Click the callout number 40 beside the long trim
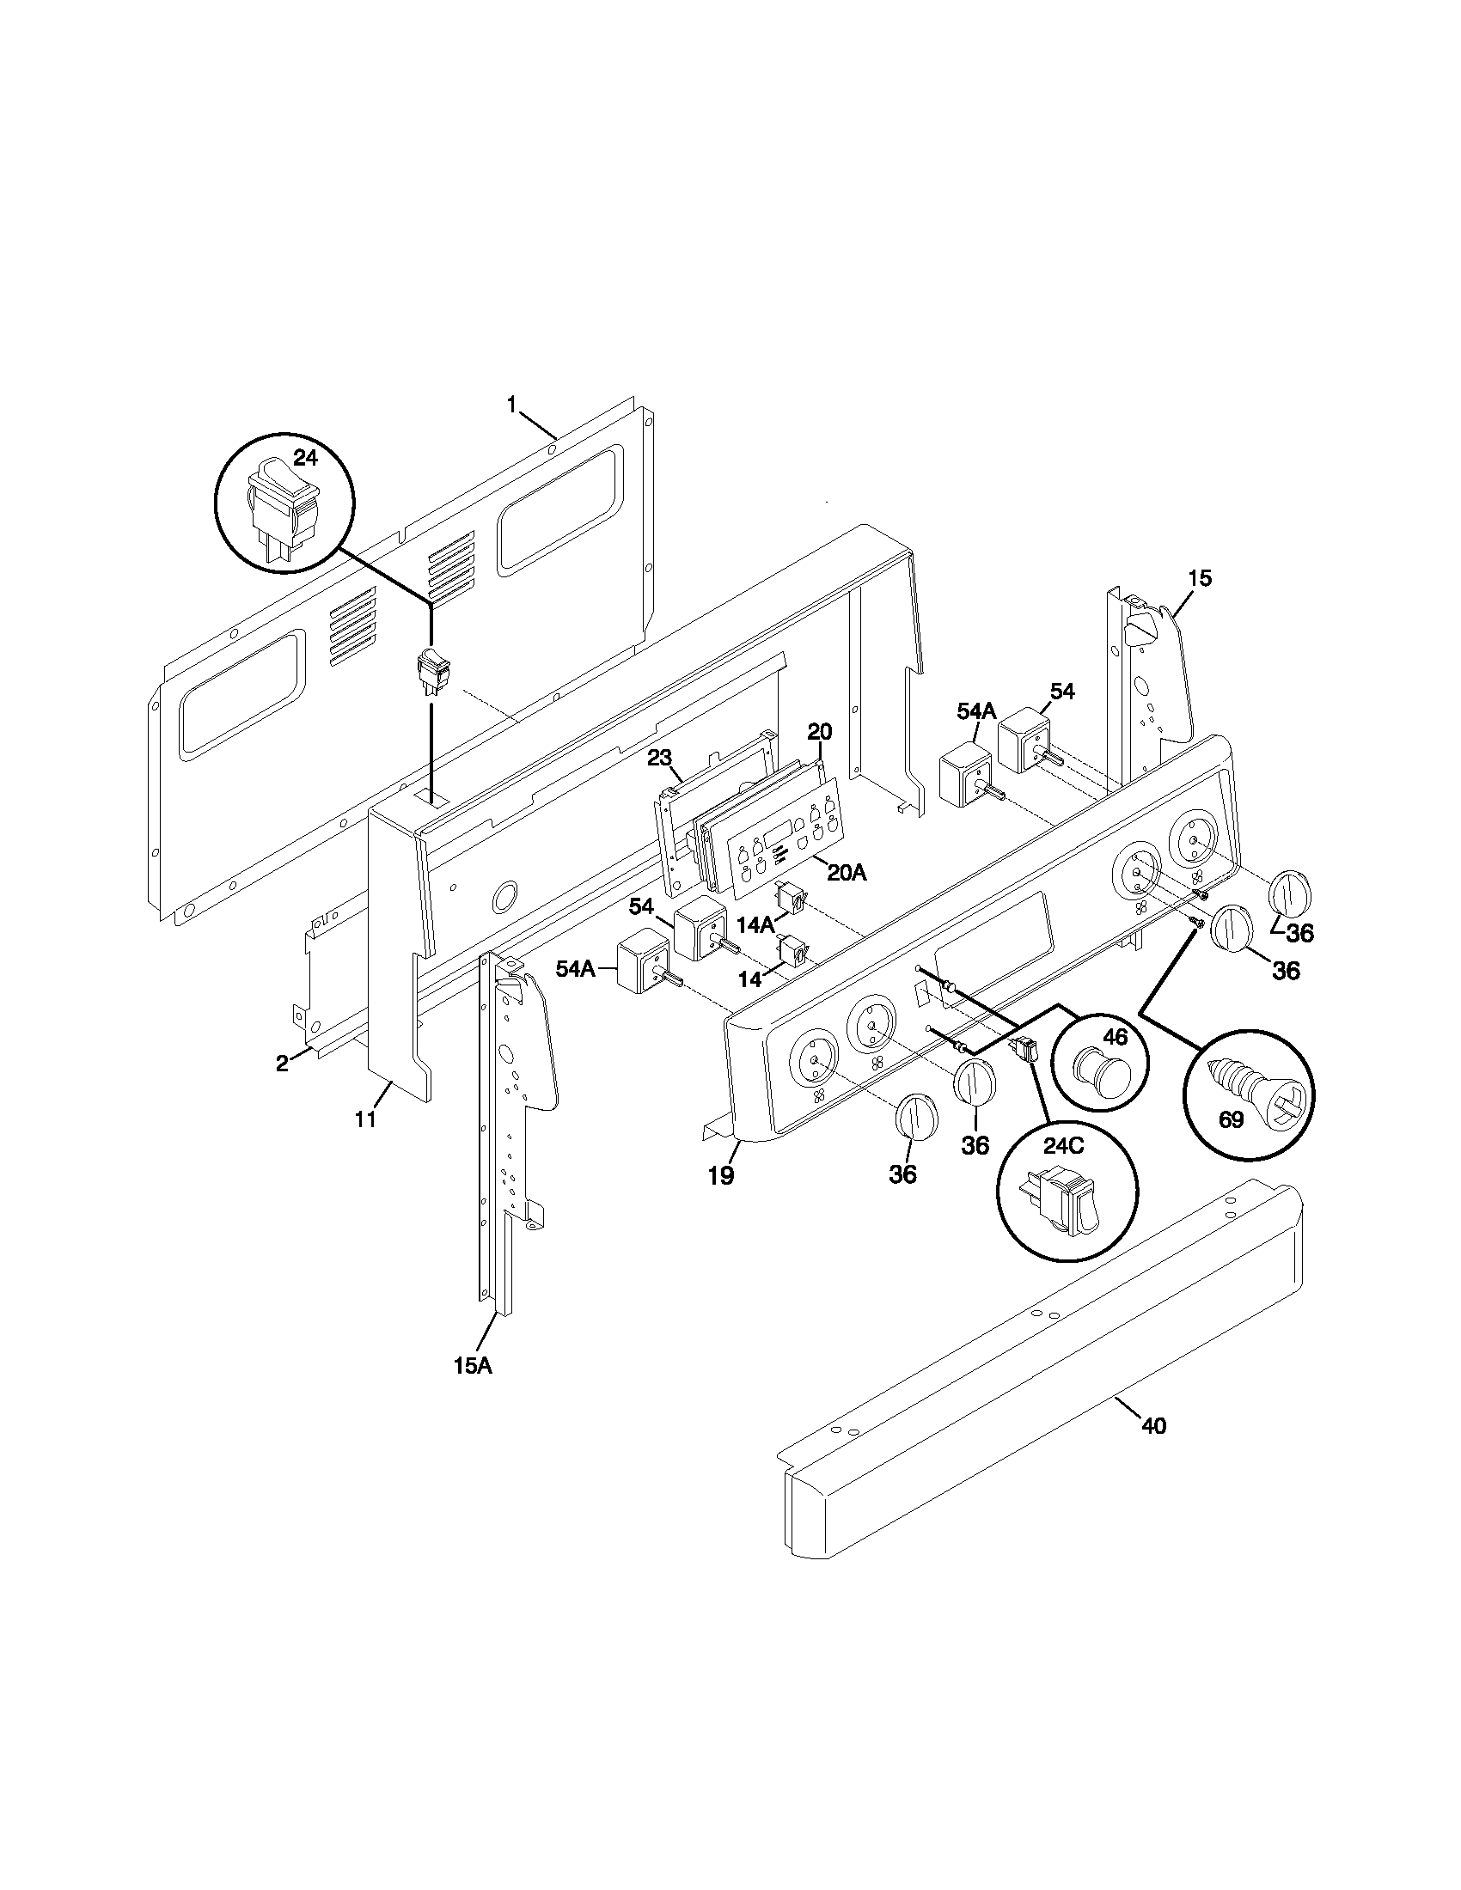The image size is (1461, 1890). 1153,1424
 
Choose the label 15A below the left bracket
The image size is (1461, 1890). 473,1365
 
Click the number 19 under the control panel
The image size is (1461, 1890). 721,1175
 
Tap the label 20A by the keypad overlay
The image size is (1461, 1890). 846,872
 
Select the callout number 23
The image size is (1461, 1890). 659,757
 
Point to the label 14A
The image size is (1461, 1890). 756,925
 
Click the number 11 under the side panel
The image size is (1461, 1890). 365,1119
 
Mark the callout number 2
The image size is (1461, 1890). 282,1064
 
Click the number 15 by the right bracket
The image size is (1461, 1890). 1200,578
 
